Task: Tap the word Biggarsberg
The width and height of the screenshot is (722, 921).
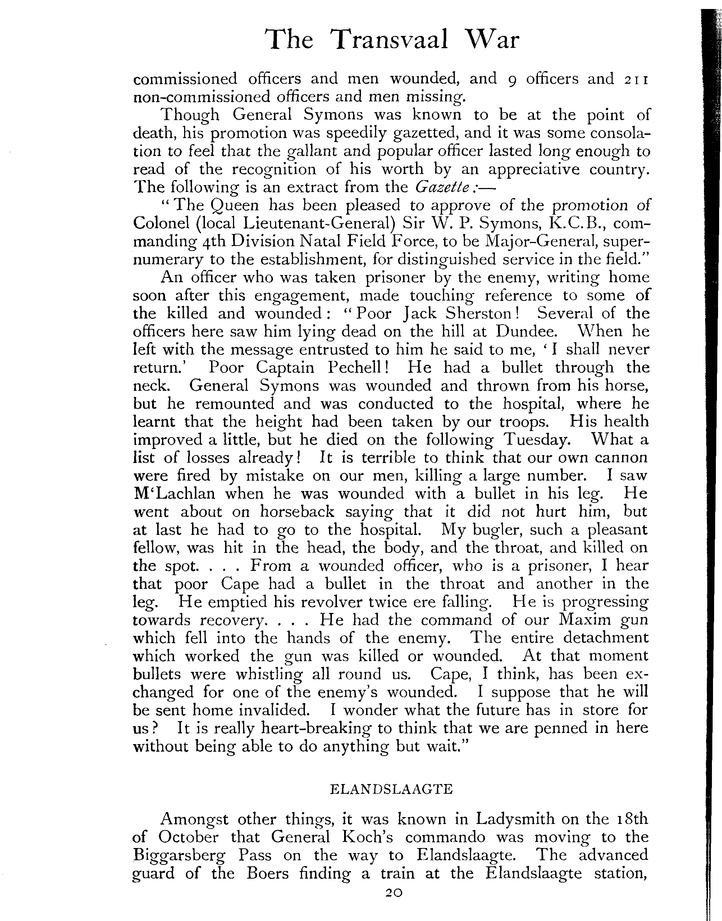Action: pos(179,856)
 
